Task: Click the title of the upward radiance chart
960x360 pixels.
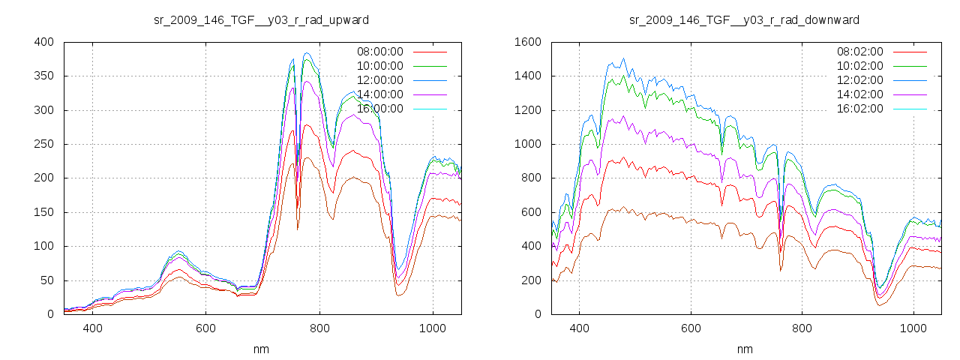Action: click(261, 19)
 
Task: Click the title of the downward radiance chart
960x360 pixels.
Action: click(744, 19)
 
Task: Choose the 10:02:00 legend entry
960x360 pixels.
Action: click(859, 66)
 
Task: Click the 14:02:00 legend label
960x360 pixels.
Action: click(859, 94)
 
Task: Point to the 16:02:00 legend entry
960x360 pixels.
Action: click(859, 109)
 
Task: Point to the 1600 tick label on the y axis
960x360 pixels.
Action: click(528, 42)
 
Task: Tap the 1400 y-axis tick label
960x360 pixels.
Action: click(528, 76)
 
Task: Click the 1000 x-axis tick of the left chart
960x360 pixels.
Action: click(433, 328)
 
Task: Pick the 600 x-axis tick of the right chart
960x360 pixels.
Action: click(691, 328)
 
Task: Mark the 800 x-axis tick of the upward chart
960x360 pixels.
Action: click(319, 328)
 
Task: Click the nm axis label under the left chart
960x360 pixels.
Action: click(261, 349)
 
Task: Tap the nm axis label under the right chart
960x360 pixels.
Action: click(744, 349)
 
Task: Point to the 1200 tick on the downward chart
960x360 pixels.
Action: click(528, 110)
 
